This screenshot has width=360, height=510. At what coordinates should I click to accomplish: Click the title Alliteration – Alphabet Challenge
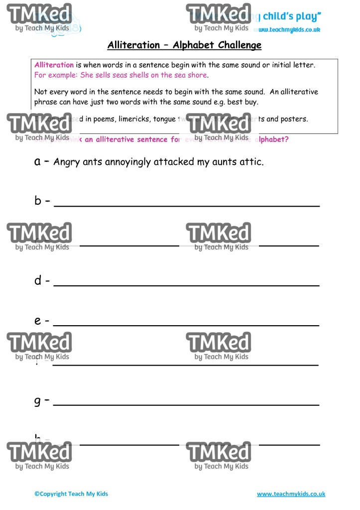click(x=184, y=45)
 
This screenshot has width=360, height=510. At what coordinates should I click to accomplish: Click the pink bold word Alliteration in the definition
click(x=54, y=65)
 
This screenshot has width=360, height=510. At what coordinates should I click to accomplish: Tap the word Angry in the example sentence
click(x=65, y=162)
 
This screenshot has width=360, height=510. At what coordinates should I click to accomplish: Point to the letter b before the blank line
click(x=38, y=201)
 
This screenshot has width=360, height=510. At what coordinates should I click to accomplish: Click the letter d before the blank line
click(x=38, y=280)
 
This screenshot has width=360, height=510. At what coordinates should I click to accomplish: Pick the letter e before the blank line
click(x=38, y=321)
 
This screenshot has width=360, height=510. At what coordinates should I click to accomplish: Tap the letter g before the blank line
click(x=38, y=401)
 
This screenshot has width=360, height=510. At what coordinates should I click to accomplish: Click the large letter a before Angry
click(x=38, y=161)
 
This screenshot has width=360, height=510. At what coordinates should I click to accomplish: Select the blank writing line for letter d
click(x=186, y=285)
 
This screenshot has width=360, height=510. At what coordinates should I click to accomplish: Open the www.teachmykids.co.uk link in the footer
click(x=291, y=494)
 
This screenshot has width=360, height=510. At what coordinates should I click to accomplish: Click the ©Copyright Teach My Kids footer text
click(x=71, y=494)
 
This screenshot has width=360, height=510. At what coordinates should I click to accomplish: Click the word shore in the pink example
click(x=197, y=76)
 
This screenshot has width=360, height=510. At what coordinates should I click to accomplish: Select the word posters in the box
click(x=294, y=119)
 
